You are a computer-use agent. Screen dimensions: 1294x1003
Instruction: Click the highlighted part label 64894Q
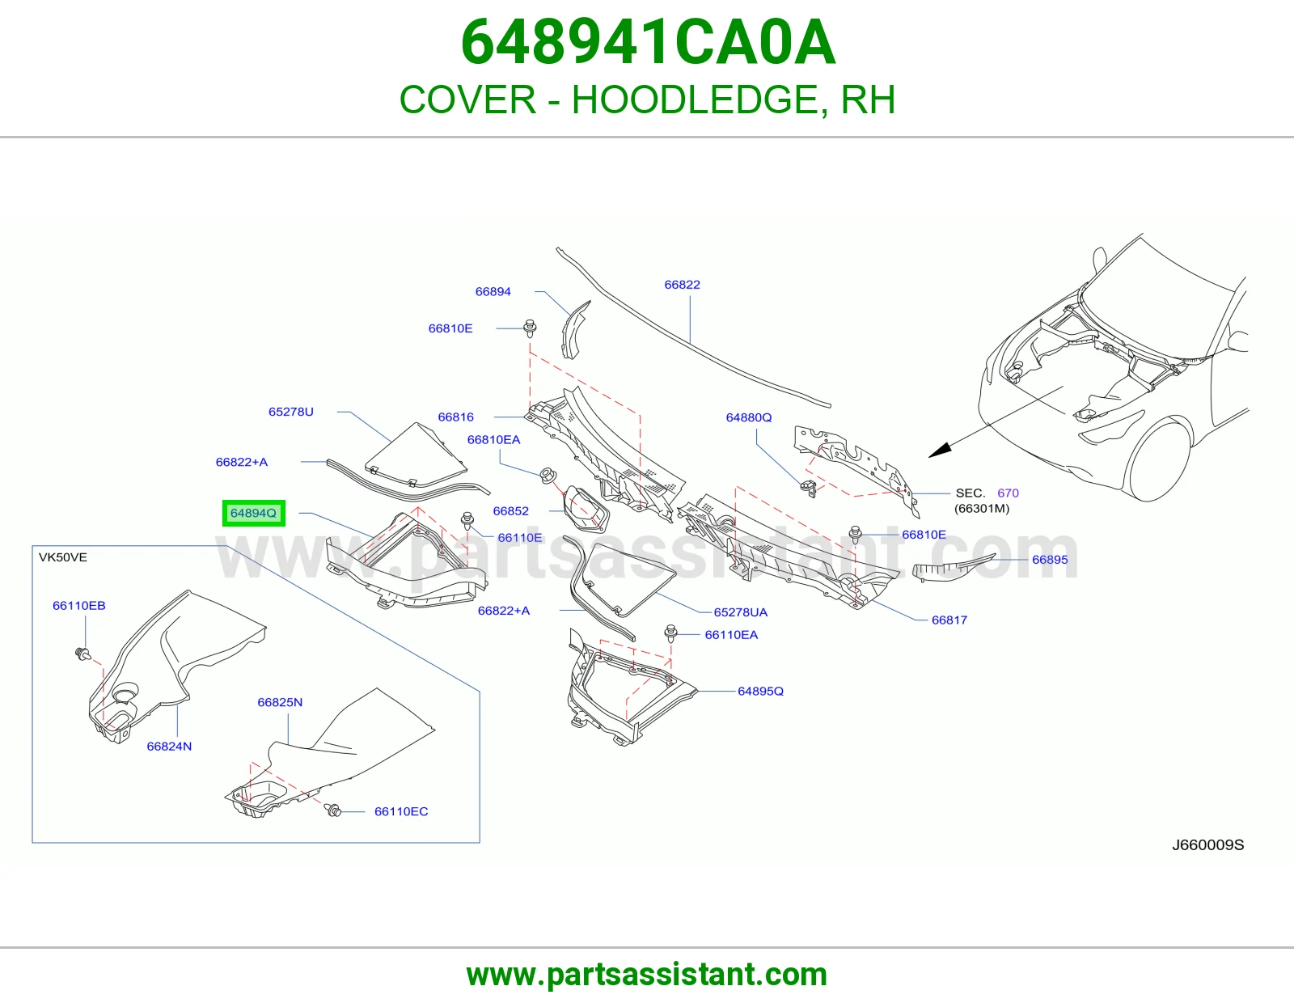(254, 513)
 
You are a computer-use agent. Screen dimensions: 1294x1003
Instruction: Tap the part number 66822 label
(682, 285)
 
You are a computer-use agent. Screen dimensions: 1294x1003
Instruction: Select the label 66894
(493, 291)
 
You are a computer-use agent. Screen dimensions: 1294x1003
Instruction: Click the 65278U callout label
(290, 412)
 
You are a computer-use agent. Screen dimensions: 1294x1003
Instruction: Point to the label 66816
(455, 417)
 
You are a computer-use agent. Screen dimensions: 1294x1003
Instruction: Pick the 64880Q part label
(749, 417)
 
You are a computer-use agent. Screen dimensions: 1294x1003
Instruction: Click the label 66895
(1050, 559)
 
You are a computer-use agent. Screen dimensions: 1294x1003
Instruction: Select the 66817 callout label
(949, 620)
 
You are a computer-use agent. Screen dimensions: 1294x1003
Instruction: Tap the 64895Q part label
(760, 691)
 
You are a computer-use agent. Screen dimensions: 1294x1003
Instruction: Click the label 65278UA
(741, 612)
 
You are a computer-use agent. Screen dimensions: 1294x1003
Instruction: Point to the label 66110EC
(401, 811)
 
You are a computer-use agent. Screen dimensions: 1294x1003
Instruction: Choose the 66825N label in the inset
(280, 702)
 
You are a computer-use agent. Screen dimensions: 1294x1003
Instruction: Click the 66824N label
(169, 747)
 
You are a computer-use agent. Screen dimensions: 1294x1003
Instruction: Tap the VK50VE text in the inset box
(62, 557)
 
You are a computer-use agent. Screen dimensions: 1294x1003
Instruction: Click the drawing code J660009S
(1208, 844)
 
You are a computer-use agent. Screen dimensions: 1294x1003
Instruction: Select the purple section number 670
(1009, 493)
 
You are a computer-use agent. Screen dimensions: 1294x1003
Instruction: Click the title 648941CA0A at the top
(648, 42)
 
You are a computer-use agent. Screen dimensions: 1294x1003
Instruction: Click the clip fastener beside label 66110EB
(83, 655)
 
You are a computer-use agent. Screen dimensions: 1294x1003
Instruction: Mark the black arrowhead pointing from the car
(940, 451)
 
